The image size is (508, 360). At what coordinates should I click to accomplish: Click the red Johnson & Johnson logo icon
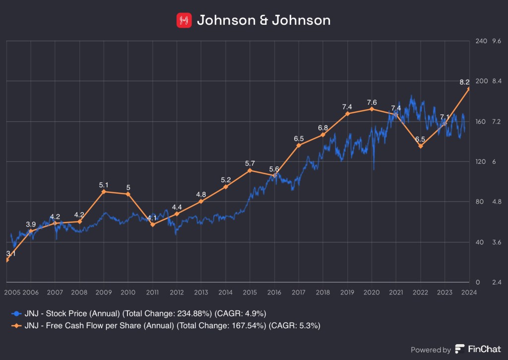click(184, 20)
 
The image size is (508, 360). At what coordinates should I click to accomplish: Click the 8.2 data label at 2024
click(464, 82)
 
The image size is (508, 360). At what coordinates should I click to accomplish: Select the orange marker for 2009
click(104, 191)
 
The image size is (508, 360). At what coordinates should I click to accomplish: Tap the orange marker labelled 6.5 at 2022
click(421, 146)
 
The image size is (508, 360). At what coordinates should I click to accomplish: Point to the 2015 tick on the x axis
click(250, 292)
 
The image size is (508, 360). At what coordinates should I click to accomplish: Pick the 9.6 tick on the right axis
click(497, 41)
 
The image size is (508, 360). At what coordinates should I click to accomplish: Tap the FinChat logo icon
click(460, 349)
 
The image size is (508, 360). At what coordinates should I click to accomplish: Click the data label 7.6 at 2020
click(372, 103)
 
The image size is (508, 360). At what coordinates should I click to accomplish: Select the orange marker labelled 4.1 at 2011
click(152, 224)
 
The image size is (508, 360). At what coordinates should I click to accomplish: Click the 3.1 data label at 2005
click(11, 253)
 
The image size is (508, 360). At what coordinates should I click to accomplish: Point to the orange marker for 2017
click(299, 145)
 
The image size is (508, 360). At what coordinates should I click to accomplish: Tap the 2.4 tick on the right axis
click(496, 282)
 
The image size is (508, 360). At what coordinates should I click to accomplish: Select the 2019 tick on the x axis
click(347, 292)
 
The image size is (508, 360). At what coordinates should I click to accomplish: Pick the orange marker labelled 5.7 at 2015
click(250, 170)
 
